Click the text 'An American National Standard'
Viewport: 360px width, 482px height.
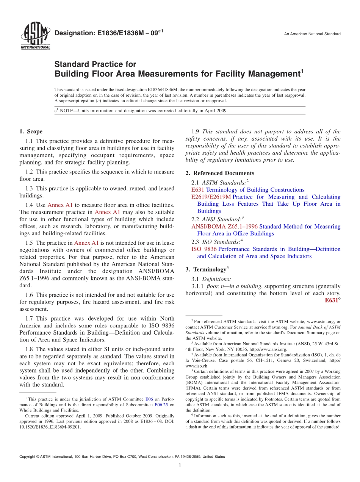(312, 34)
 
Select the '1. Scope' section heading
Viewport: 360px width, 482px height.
(31, 132)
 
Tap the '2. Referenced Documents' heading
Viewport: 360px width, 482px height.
(219, 173)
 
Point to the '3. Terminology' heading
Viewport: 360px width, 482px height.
(209, 269)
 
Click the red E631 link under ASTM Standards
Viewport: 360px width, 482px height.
(198, 189)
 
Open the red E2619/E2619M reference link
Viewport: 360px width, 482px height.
(211, 197)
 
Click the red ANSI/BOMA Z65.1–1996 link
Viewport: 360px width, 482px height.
(224, 226)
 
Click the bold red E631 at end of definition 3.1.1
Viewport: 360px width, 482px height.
(332, 300)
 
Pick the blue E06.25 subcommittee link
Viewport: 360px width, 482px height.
(161, 405)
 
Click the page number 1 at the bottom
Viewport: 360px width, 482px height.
(180, 466)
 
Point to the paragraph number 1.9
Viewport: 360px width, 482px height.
(196, 132)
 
